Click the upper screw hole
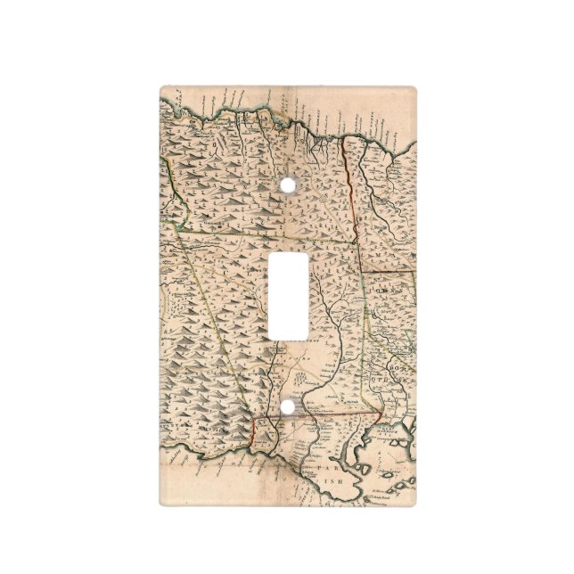pyautogui.click(x=287, y=184)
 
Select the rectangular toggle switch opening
pyautogui.click(x=287, y=295)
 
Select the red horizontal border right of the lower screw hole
pyautogui.click(x=348, y=414)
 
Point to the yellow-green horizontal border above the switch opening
pyautogui.click(x=267, y=238)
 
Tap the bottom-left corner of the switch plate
pyautogui.click(x=162, y=504)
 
